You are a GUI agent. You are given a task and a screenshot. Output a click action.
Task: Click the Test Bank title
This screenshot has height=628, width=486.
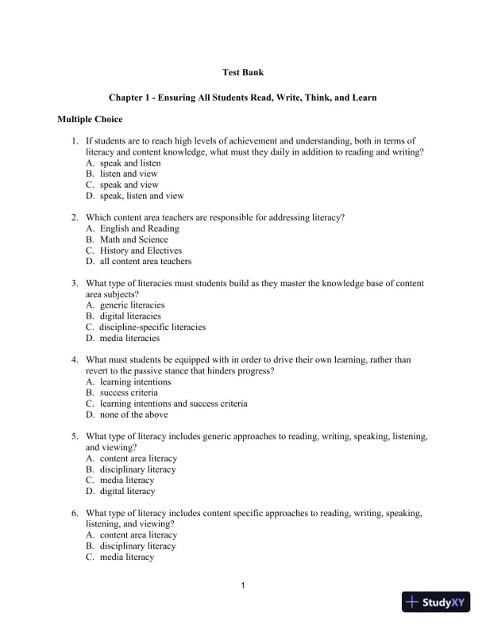(x=242, y=73)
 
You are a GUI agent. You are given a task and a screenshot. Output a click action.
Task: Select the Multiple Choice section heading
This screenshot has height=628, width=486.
(x=90, y=120)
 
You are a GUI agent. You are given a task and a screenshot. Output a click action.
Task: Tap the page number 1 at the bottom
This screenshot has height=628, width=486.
(x=242, y=586)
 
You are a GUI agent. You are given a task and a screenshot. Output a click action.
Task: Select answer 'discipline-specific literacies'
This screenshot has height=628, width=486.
(x=152, y=327)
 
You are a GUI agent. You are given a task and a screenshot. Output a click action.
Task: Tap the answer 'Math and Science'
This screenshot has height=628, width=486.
(x=134, y=239)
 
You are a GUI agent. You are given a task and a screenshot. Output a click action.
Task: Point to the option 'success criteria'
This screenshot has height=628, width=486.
(x=129, y=392)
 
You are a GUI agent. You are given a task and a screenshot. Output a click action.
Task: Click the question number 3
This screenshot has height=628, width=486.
(x=74, y=283)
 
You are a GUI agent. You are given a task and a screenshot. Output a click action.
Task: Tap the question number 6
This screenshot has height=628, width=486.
(x=74, y=513)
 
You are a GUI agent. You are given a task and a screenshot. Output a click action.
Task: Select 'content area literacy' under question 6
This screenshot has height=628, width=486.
(x=138, y=535)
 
